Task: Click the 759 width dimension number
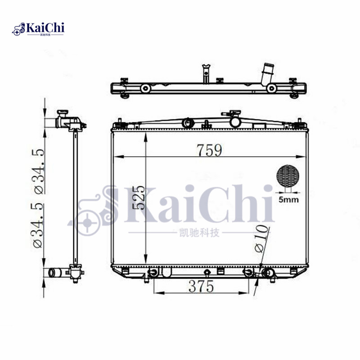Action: [x=209, y=149]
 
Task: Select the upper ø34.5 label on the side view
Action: [x=39, y=171]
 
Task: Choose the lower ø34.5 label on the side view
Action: [x=39, y=224]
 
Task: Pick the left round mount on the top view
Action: [x=146, y=89]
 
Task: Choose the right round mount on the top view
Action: [x=271, y=89]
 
